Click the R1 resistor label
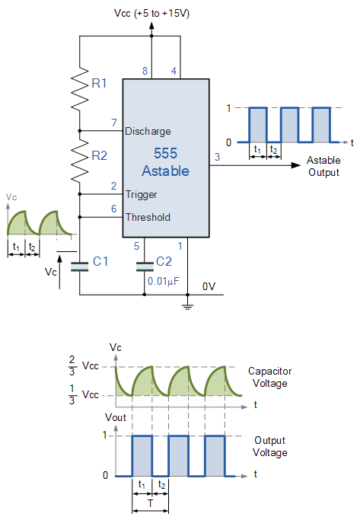[99, 83]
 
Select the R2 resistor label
[100, 155]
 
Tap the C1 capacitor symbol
[80, 266]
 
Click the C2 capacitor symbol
[145, 266]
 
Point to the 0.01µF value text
[164, 281]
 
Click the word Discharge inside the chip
[148, 131]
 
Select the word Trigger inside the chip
[142, 195]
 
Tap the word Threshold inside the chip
[148, 217]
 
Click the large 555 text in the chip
[165, 153]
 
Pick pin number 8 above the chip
[145, 71]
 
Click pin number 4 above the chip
[174, 71]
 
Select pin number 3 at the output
[217, 157]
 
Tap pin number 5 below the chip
[136, 246]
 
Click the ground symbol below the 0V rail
[188, 306]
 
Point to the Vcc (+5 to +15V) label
[151, 14]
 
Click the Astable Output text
[323, 166]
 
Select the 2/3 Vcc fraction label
[84, 365]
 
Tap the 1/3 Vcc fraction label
[84, 394]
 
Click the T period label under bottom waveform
[151, 503]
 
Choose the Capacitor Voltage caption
[270, 377]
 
